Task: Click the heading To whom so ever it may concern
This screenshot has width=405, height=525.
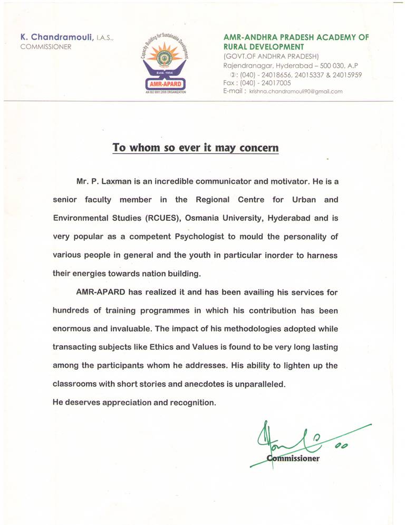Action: pyautogui.click(x=195, y=147)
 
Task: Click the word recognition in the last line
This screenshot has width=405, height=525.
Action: pyautogui.click(x=192, y=402)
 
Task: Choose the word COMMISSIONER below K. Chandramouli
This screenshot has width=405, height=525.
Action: pyautogui.click(x=46, y=46)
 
